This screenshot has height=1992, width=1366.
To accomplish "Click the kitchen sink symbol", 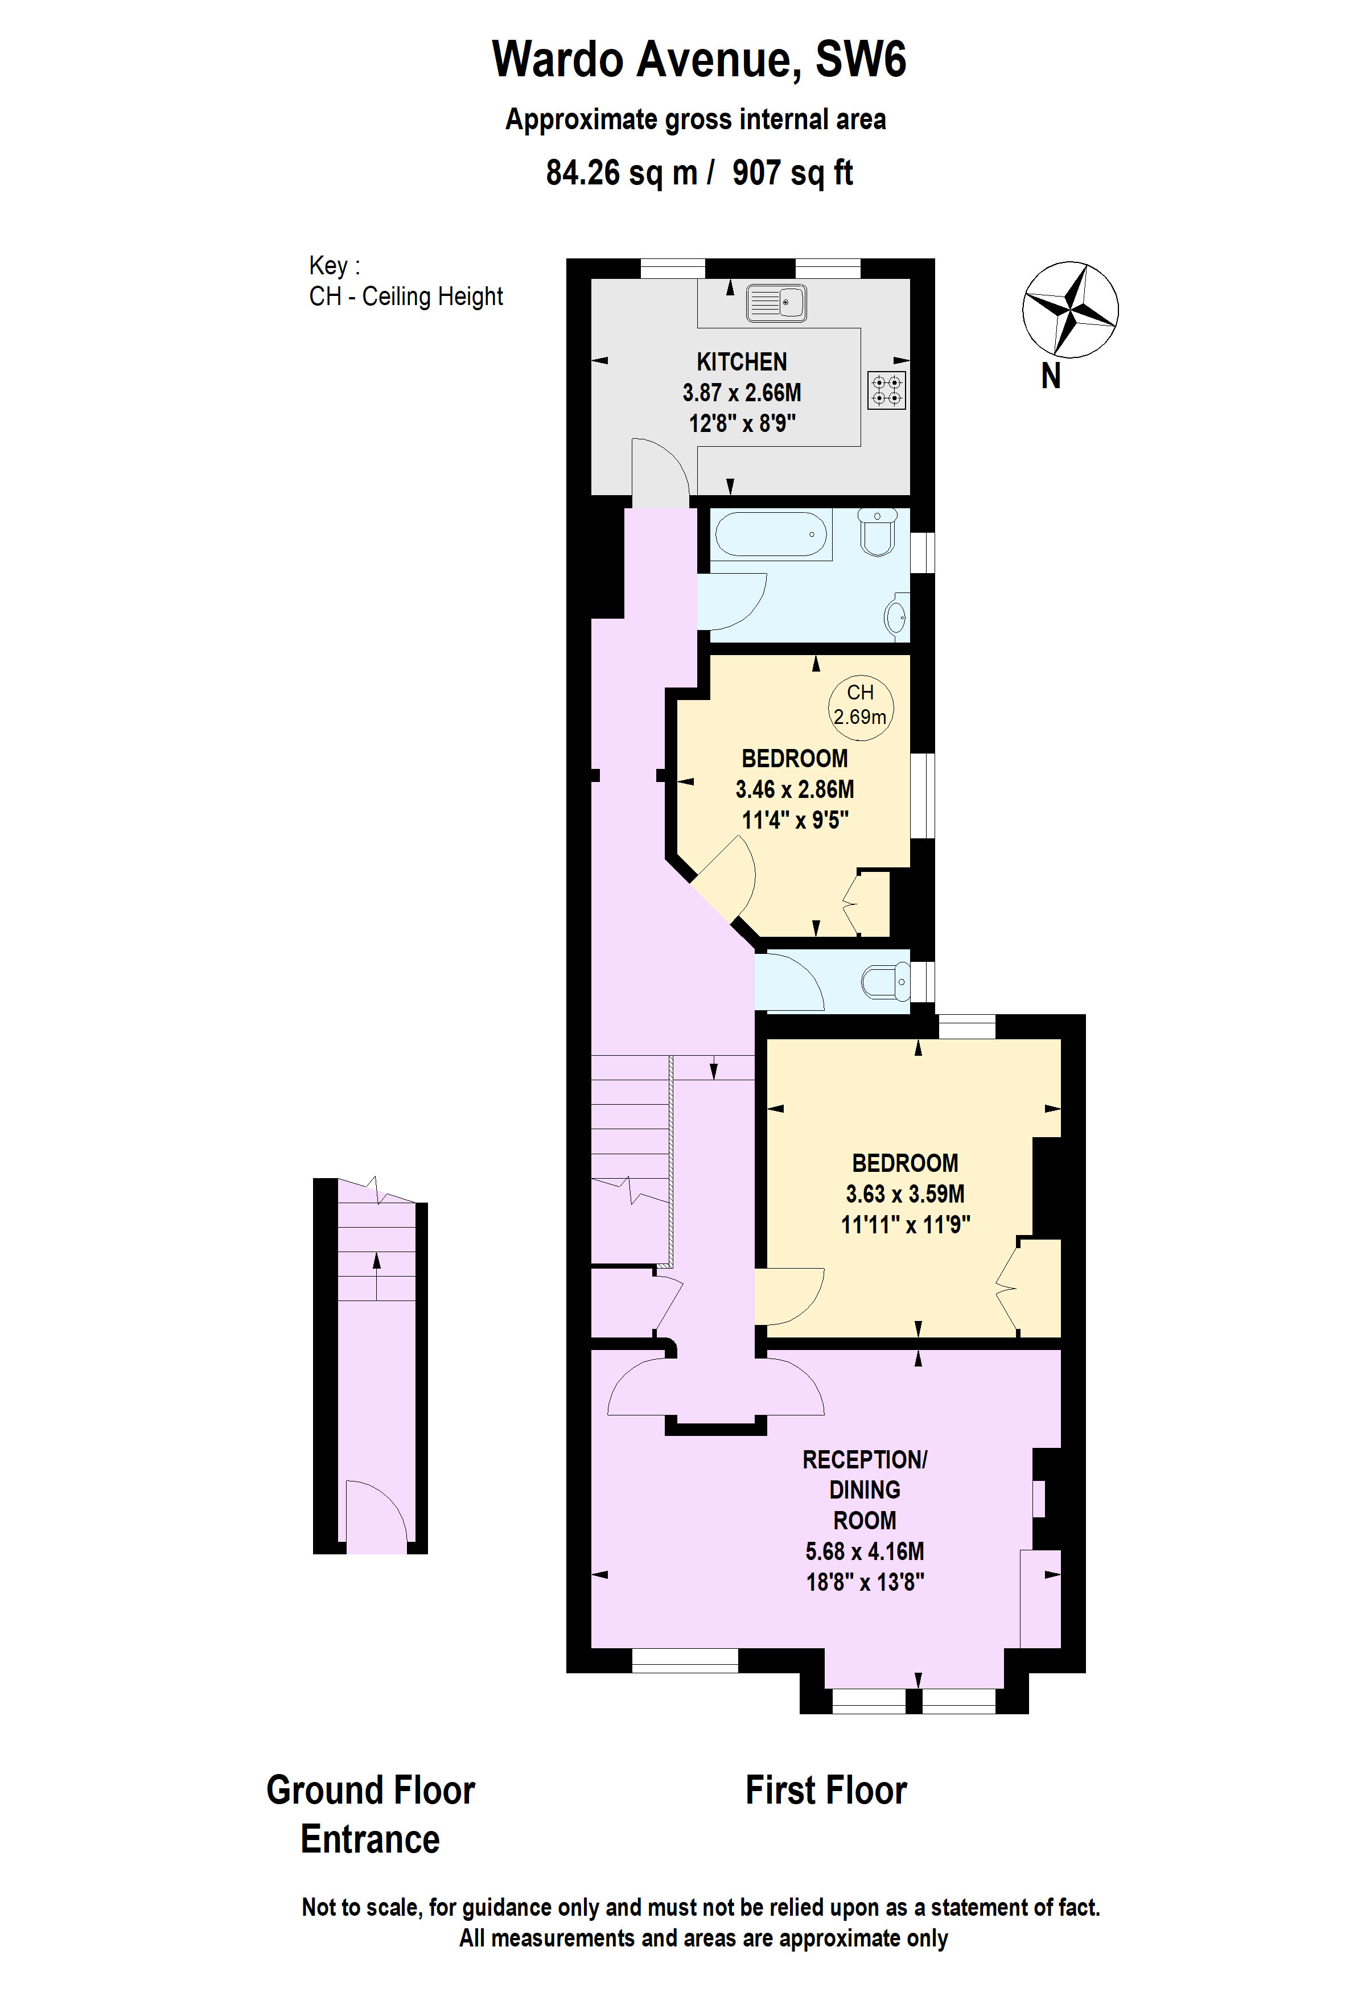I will coord(776,303).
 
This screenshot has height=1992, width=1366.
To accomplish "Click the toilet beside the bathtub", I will coord(878,532).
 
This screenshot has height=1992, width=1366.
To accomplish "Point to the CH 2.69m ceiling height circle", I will coord(861,705).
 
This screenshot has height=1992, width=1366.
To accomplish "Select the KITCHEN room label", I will coord(741,362).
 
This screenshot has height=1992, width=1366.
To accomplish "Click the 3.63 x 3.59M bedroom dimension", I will coord(905,1193).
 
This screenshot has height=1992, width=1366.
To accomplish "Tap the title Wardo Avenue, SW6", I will coord(698,59).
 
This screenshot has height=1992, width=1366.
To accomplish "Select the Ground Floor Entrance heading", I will coord(370,1814).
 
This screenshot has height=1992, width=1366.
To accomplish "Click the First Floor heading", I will coord(825,1790).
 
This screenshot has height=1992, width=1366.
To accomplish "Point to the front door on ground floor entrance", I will coord(375,1517).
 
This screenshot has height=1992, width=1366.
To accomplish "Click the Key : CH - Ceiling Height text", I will coord(405,281).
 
